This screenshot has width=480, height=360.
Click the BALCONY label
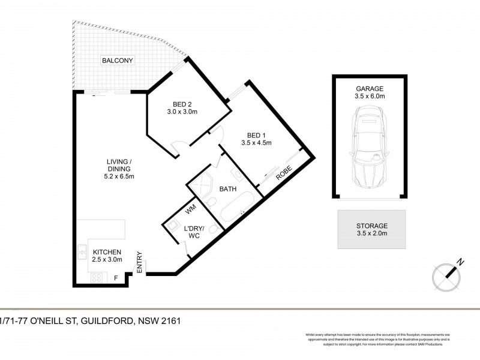pos(117,61)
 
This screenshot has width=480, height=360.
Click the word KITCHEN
pos(108,252)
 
